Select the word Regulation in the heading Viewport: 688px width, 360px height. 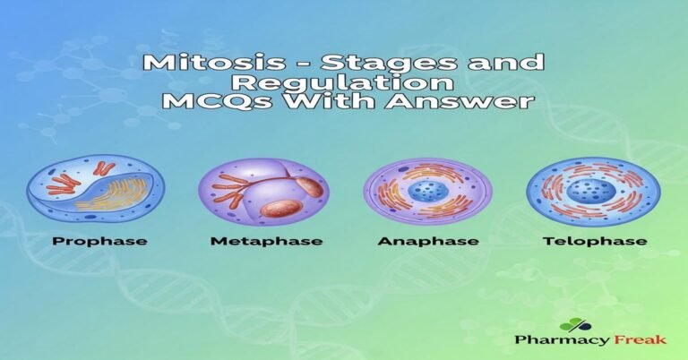point(345,83)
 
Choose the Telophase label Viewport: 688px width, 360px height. point(593,241)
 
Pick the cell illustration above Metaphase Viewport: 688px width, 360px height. point(263,191)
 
